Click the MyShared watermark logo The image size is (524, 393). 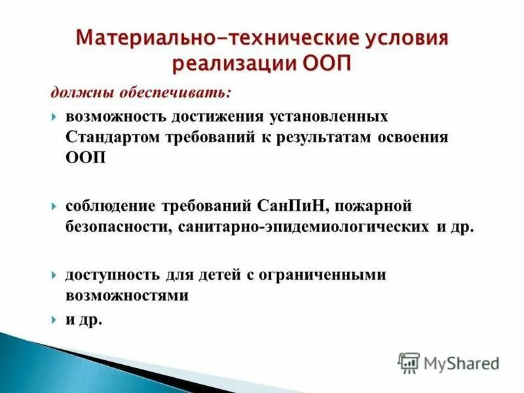pyautogui.click(x=449, y=362)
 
